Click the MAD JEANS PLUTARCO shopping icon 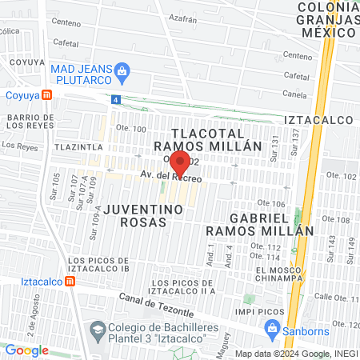(122, 71)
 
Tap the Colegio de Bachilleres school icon (97, 329)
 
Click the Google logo (26, 350)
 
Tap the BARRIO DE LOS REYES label (30, 123)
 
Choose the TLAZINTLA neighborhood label (78, 148)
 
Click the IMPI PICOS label (238, 311)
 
